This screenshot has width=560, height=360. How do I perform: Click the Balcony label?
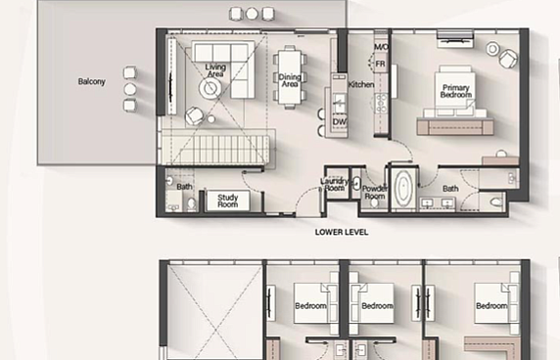point(91,82)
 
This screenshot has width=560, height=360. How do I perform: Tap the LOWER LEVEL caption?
point(342,232)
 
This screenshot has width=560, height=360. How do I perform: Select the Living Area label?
point(215,70)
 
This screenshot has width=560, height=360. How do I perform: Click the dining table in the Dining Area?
point(290,76)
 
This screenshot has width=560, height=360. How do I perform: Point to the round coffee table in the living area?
point(210,88)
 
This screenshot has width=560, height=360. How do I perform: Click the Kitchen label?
point(361,84)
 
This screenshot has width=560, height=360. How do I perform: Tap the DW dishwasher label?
point(340,121)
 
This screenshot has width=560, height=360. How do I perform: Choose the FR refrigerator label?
point(381,64)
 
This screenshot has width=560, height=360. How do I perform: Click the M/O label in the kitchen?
point(381,47)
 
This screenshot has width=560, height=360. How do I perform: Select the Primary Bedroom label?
point(455,91)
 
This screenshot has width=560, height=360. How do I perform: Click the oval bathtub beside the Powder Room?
point(403,188)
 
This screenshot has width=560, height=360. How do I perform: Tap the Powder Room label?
point(375,193)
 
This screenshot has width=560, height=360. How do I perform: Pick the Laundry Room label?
point(334,184)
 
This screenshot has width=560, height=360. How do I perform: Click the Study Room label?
point(227,201)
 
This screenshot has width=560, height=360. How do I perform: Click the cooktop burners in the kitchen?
point(381,103)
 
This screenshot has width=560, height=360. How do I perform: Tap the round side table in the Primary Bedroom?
point(492,49)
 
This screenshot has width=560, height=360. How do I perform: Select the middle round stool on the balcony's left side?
point(129,89)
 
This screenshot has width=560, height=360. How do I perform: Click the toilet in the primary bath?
point(496,202)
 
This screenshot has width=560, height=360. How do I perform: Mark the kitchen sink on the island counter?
point(340,103)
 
